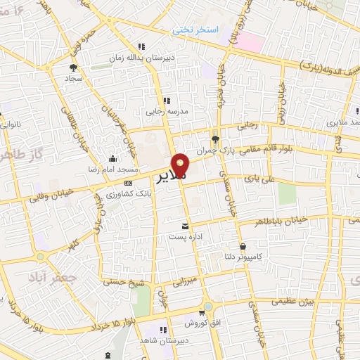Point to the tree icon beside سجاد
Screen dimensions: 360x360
[73, 67]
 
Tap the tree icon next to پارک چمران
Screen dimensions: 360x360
[216, 139]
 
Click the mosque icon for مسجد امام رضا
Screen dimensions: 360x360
[113, 159]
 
